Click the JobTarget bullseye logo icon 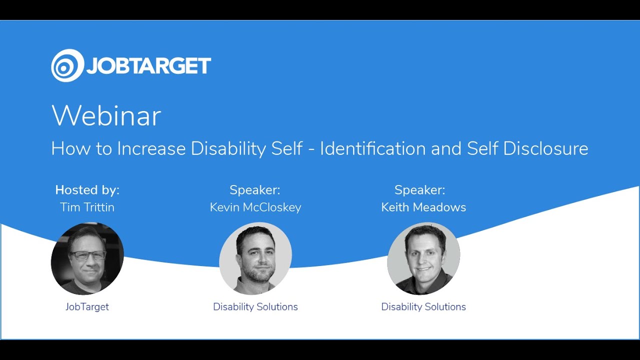tap(67, 65)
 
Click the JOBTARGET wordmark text tap(148, 66)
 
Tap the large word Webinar tap(106, 115)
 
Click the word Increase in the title tap(151, 148)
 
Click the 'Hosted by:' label tap(87, 190)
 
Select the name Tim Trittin tap(87, 207)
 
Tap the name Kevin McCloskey tap(255, 207)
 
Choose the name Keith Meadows tap(423, 207)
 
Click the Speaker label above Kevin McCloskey tap(255, 190)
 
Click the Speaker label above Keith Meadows tap(419, 190)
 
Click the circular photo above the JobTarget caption tap(87, 258)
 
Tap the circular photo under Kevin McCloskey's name tap(255, 258)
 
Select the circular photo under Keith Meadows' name tap(423, 258)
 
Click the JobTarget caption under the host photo tap(87, 306)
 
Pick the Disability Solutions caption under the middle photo tap(255, 306)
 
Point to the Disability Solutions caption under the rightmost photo tap(423, 306)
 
